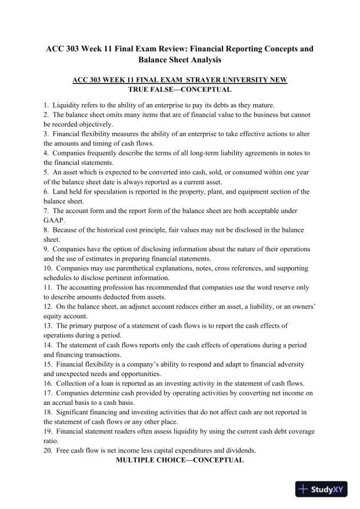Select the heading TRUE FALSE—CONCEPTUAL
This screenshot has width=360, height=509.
tap(179, 90)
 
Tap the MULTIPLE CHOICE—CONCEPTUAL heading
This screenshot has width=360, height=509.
tap(179, 460)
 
